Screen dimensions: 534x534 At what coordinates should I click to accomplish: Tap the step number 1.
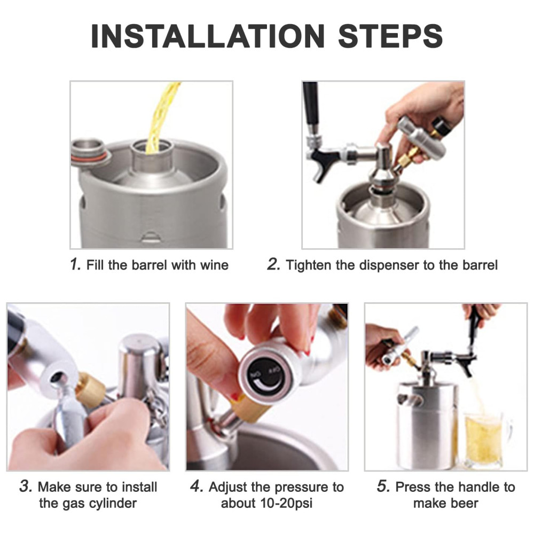click(x=75, y=264)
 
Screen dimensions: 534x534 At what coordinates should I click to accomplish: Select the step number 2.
click(x=273, y=264)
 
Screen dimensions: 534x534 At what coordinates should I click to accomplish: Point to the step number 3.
click(x=26, y=486)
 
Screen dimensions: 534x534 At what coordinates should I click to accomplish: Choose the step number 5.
click(x=383, y=486)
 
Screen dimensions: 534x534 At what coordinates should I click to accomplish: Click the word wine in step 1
click(x=214, y=265)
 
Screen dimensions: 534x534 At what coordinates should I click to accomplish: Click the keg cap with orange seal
click(x=91, y=152)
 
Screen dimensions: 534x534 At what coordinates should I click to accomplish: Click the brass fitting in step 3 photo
click(x=90, y=389)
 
